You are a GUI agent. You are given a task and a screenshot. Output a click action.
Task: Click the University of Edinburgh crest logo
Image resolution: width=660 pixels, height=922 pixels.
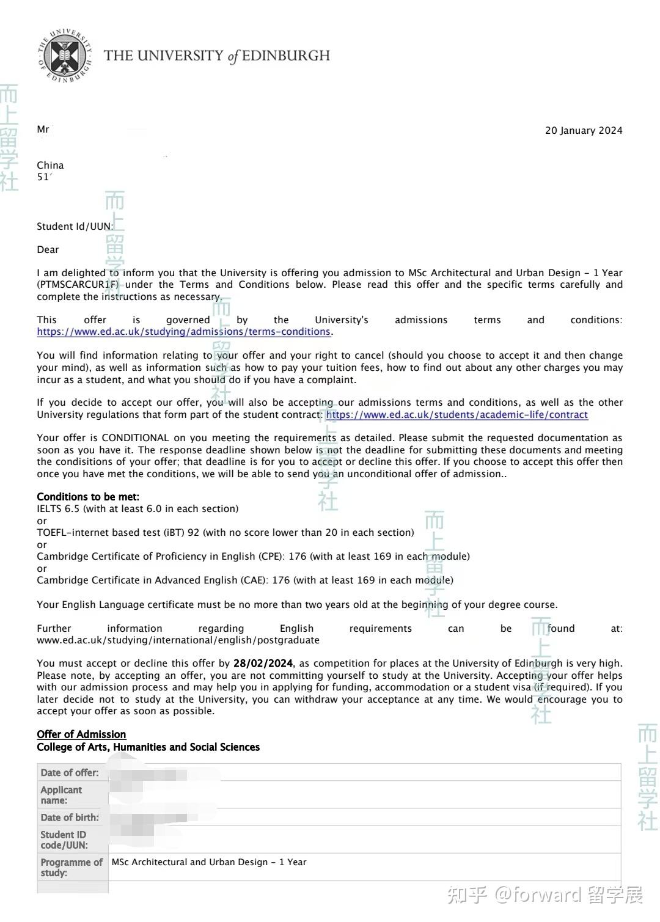tap(65, 56)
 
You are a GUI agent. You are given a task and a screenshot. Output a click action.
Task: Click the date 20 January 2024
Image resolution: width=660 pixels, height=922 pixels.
tap(584, 130)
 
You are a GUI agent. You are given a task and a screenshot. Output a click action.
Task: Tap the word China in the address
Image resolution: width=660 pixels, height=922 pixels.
tap(50, 165)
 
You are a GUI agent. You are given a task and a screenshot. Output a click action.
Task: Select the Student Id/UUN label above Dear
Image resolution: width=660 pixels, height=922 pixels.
tap(75, 226)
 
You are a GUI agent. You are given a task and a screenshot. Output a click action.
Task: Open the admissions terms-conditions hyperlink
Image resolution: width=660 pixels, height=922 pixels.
tap(183, 332)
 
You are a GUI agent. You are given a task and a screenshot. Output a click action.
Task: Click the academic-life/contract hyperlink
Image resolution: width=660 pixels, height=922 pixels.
tap(457, 415)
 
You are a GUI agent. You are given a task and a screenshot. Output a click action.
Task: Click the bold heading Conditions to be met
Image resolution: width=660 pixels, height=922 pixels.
tap(88, 497)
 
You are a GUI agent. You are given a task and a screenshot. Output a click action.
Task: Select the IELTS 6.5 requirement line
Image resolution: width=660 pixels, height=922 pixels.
tap(137, 508)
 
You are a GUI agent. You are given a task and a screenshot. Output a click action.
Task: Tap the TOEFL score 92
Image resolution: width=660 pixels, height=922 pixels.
tap(194, 532)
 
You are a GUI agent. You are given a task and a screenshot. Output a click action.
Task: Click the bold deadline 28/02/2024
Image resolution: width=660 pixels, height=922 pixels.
tap(263, 664)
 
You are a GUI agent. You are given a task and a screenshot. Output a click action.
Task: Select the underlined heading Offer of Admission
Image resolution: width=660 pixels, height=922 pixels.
tap(81, 734)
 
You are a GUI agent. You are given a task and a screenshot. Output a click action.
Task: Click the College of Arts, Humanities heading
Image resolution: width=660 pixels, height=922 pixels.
tap(148, 747)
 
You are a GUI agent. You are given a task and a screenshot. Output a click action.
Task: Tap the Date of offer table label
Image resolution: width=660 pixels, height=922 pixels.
tap(70, 773)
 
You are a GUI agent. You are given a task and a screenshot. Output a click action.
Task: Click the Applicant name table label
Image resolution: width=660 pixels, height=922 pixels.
tap(61, 795)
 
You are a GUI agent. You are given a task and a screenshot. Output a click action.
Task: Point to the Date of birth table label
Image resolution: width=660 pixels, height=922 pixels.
tap(70, 818)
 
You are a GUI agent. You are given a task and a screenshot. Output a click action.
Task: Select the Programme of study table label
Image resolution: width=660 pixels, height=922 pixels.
tap(71, 868)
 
